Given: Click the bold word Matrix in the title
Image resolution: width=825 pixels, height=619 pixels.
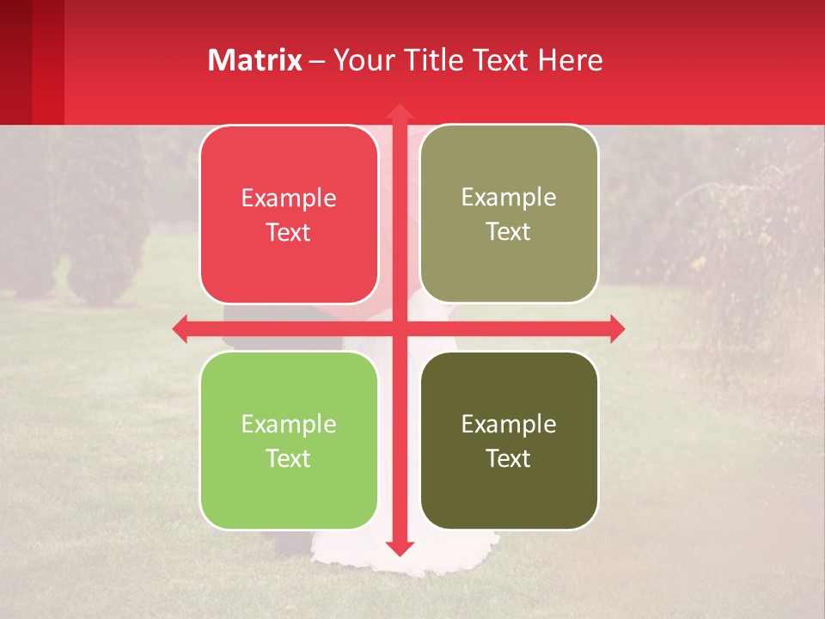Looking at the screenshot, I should (x=255, y=60).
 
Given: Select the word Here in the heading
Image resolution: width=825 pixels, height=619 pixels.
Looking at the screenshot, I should (x=571, y=60).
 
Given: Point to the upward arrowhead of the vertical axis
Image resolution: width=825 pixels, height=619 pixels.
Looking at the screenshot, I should (x=399, y=111).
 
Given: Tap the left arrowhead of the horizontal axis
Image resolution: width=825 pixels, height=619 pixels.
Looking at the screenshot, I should (x=180, y=328).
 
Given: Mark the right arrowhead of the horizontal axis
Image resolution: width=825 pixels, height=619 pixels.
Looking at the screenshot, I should (x=617, y=328).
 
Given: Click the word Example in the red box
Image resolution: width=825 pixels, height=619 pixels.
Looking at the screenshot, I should (x=289, y=198).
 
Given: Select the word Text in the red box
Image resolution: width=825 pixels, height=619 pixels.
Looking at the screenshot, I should (x=289, y=232).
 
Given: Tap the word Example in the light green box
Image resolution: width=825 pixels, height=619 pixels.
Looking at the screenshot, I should (x=289, y=424).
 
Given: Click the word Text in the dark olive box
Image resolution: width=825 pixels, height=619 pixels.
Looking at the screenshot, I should (x=509, y=458).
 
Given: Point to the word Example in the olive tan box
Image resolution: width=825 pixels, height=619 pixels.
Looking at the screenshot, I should (x=509, y=197).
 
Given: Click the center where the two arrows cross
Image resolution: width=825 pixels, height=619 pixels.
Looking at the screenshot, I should (x=399, y=328).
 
